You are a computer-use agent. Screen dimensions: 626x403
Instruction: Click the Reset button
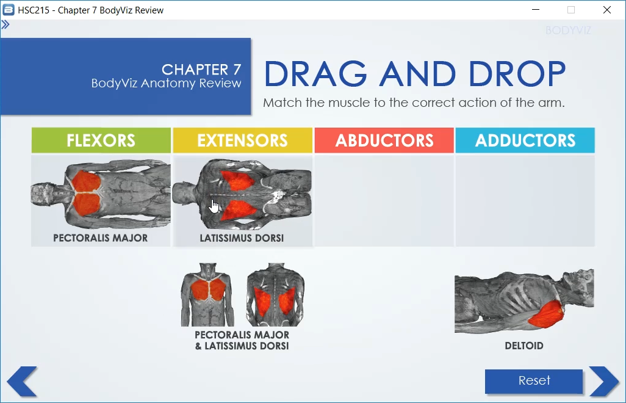[x=534, y=380]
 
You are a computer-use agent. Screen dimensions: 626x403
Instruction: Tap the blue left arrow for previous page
[x=22, y=382]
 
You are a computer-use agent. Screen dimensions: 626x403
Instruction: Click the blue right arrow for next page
[x=604, y=382]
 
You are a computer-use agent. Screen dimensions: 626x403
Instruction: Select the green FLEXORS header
[x=101, y=140]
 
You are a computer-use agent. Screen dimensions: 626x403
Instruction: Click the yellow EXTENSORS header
[x=242, y=140]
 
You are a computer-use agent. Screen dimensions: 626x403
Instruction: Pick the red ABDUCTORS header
[x=384, y=140]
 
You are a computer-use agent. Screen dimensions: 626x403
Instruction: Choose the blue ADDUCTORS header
[x=525, y=140]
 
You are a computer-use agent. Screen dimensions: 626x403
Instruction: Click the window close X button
[x=607, y=10]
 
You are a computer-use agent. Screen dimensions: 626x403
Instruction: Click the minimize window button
[x=536, y=10]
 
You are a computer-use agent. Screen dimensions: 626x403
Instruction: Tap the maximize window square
[x=571, y=10]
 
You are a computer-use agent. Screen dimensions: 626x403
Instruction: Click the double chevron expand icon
[x=5, y=25]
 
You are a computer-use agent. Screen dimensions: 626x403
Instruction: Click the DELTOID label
[x=523, y=346]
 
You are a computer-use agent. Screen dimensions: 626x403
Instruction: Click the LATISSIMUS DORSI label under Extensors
[x=242, y=238]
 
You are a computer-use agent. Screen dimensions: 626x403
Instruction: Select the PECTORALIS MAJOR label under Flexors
[x=100, y=238]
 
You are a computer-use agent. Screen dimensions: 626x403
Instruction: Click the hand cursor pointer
[x=214, y=206]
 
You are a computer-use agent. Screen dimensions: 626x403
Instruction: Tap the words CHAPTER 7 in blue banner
[x=201, y=70]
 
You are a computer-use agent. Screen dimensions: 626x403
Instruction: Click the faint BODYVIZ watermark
[x=568, y=31]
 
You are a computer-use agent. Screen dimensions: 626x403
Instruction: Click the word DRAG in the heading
[x=315, y=74]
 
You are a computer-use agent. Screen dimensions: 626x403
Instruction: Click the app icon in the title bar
[x=9, y=10]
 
